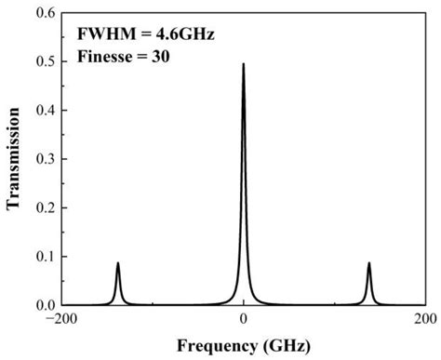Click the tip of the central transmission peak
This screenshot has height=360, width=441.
click(243, 65)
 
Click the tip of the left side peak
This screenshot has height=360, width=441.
click(118, 263)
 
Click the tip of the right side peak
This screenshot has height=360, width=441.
click(368, 263)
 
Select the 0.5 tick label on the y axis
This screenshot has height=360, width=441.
click(43, 61)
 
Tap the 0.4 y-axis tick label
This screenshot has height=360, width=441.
click(43, 110)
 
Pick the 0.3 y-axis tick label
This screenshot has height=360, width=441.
click(43, 159)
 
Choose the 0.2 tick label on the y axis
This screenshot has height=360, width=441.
click(43, 207)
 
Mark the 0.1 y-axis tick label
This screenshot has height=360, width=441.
click(43, 257)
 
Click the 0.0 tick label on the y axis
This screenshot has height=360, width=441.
click(43, 305)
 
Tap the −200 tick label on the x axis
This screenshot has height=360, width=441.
click(60, 320)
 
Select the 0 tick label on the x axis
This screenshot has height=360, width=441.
click(243, 320)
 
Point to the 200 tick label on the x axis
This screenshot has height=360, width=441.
click(425, 320)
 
